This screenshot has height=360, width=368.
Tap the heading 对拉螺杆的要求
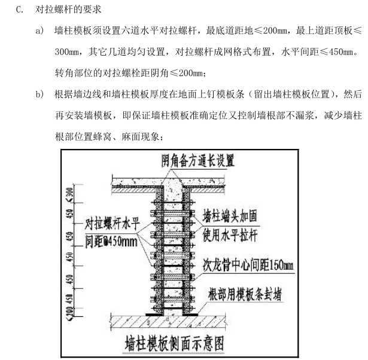69,10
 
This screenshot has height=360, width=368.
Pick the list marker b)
39,94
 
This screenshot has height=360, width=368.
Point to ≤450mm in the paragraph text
341,53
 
